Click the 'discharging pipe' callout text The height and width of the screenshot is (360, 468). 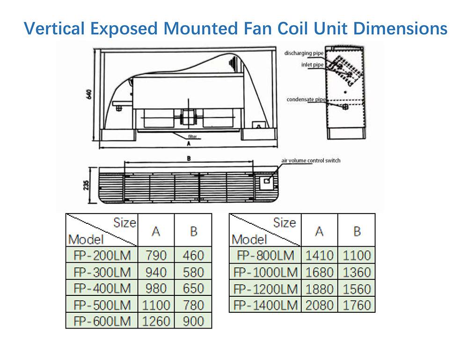[304, 54]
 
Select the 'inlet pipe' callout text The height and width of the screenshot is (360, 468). [312, 65]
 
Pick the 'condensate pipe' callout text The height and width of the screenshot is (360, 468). [306, 100]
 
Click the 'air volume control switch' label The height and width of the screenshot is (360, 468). [311, 161]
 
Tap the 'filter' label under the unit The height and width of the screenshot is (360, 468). [192, 137]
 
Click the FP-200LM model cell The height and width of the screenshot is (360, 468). [102, 256]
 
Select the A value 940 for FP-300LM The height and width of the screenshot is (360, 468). [156, 272]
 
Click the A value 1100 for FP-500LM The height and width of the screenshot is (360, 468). [156, 305]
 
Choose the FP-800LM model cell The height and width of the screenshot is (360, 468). [265, 256]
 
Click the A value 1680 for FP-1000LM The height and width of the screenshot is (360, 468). [320, 272]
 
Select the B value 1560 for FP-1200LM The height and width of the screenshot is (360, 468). [357, 288]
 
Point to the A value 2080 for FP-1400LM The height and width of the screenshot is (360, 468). [320, 305]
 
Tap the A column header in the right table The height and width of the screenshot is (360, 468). [320, 231]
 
